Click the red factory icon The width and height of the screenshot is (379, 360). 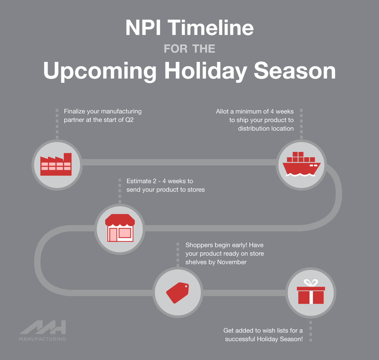(x=56, y=164)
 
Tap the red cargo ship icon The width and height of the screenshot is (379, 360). (x=301, y=164)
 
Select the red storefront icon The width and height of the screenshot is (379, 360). (x=120, y=228)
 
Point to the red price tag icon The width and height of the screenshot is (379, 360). (x=177, y=293)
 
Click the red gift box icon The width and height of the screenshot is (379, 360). (x=311, y=292)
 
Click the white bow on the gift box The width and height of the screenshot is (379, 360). (x=311, y=283)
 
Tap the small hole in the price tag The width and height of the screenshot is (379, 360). (x=186, y=286)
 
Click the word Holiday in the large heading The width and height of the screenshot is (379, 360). (x=206, y=71)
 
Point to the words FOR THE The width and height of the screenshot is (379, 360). (x=189, y=49)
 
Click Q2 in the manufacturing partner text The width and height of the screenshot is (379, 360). (x=129, y=120)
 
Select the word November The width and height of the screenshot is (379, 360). (x=232, y=262)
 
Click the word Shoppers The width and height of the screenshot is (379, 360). (x=199, y=245)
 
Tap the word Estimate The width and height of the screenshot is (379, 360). (x=139, y=181)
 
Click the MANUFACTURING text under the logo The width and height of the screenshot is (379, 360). (x=43, y=339)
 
